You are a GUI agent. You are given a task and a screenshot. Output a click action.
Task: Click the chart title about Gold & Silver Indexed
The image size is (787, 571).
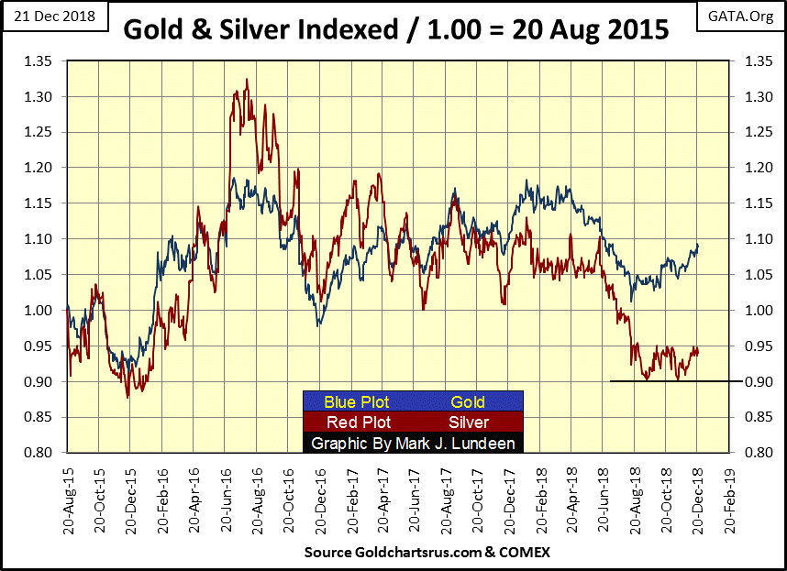[x=396, y=30]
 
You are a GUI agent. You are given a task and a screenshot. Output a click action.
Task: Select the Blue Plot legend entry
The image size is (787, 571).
[x=357, y=401]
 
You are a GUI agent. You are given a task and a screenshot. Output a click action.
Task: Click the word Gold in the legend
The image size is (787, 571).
[x=468, y=401]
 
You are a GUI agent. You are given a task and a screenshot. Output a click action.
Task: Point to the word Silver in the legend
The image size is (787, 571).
[x=468, y=423]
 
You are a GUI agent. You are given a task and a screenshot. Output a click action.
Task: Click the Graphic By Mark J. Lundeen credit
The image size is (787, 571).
[x=413, y=444]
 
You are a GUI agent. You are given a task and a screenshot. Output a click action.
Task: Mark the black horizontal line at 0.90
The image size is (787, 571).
[x=670, y=381]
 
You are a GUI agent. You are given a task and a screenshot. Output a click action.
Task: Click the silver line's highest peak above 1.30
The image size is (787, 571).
[x=248, y=80]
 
